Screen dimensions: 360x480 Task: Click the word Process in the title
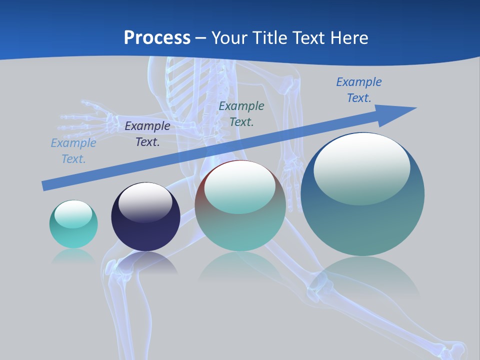coord(157,37)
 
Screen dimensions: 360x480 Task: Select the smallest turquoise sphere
coord(73,225)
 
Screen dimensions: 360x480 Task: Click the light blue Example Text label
coord(73,151)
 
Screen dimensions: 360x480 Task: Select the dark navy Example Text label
coord(147,134)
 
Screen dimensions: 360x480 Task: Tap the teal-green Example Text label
coord(241,113)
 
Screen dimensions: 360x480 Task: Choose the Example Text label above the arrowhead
coord(358,89)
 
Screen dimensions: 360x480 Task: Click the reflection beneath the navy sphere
coord(146,262)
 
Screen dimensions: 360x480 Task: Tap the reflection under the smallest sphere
coord(73,256)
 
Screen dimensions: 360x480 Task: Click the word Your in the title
coord(228,37)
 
